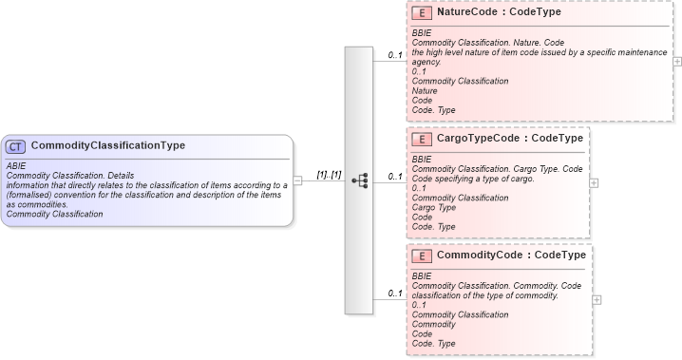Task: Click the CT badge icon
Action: click(16, 146)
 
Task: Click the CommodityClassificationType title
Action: click(107, 146)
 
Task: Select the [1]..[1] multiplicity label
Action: click(329, 174)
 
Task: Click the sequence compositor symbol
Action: click(359, 180)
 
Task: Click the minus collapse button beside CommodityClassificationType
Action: click(298, 180)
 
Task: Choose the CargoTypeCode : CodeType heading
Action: click(509, 139)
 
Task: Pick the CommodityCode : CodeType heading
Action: click(510, 256)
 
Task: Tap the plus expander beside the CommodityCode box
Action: click(597, 298)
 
